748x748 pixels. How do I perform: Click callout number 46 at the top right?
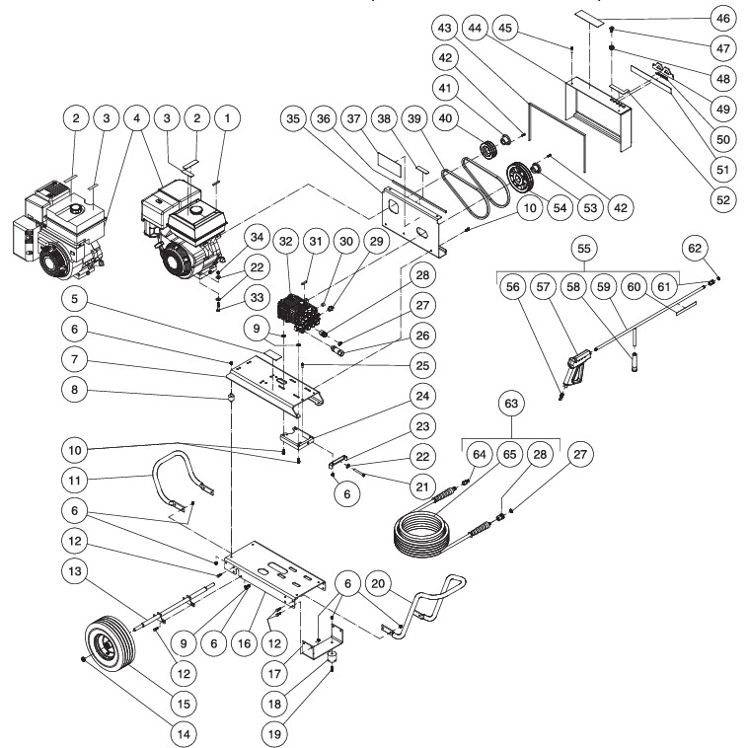[721, 18]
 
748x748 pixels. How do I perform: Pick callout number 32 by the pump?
[285, 241]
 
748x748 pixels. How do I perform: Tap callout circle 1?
[229, 118]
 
